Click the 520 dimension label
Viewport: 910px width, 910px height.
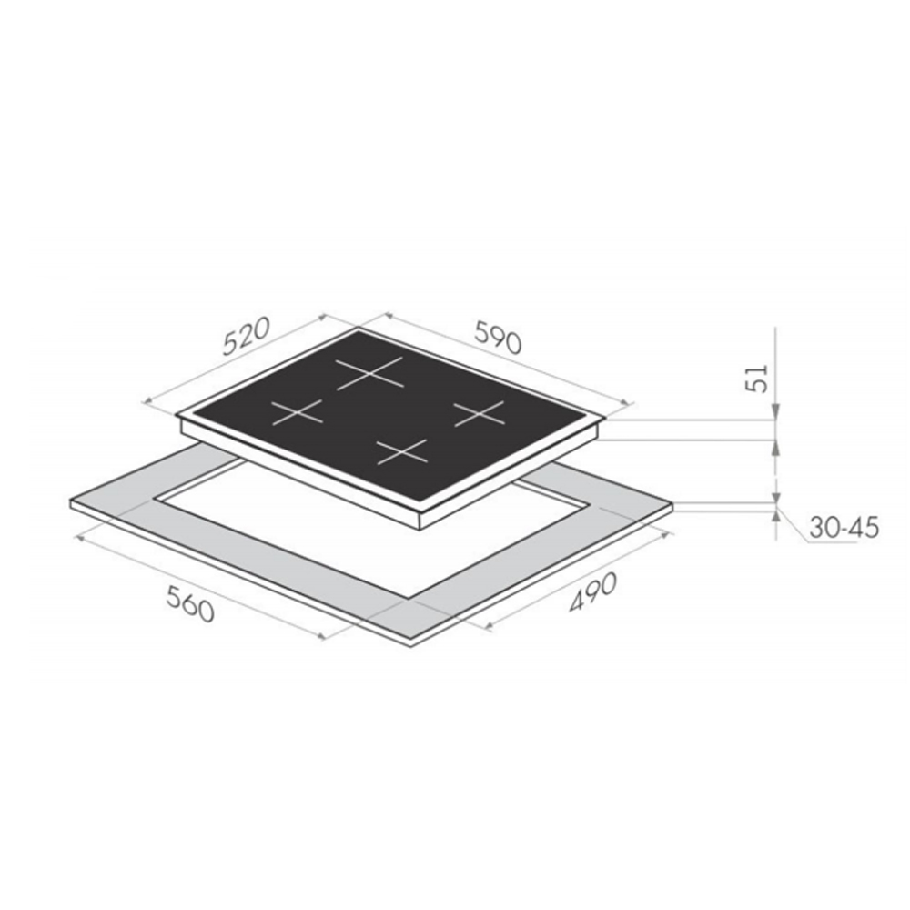click(x=247, y=336)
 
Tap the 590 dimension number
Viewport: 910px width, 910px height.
click(x=499, y=336)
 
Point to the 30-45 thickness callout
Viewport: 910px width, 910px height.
click(x=844, y=528)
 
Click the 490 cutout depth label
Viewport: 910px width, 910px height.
click(x=592, y=592)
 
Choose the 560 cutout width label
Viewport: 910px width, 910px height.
click(x=191, y=603)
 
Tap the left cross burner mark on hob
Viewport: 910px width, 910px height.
click(x=297, y=412)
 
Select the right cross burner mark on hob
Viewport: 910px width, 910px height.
click(x=480, y=413)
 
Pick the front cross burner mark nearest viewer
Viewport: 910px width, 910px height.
click(x=401, y=452)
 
